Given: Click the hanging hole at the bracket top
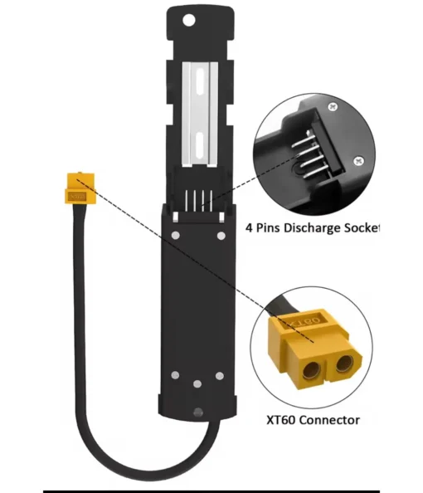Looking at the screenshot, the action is tap(189, 21).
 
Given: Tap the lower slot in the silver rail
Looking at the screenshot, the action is tap(200, 145).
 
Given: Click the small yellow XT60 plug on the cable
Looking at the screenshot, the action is tap(80, 188).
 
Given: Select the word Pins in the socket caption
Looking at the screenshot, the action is tap(267, 227).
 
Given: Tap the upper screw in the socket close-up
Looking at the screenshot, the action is tap(333, 107).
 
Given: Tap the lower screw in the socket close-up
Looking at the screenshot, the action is tap(358, 161).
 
